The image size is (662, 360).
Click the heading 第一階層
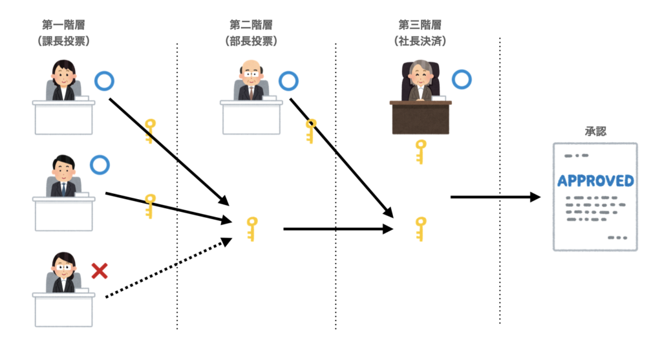(63, 25)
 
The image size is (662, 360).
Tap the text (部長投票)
(251, 41)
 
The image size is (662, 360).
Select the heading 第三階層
(420, 25)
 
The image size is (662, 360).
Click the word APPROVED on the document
(595, 180)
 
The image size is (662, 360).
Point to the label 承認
(595, 131)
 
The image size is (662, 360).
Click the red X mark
(99, 270)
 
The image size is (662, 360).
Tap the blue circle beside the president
(461, 80)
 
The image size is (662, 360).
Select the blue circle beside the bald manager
(289, 81)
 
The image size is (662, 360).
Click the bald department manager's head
(251, 70)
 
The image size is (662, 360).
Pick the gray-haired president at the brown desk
(420, 80)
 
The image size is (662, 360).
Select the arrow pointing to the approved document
(495, 196)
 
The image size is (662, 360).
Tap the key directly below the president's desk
(421, 151)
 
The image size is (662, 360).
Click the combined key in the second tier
(252, 228)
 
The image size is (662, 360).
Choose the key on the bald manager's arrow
(310, 130)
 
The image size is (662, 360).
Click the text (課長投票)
(63, 41)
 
